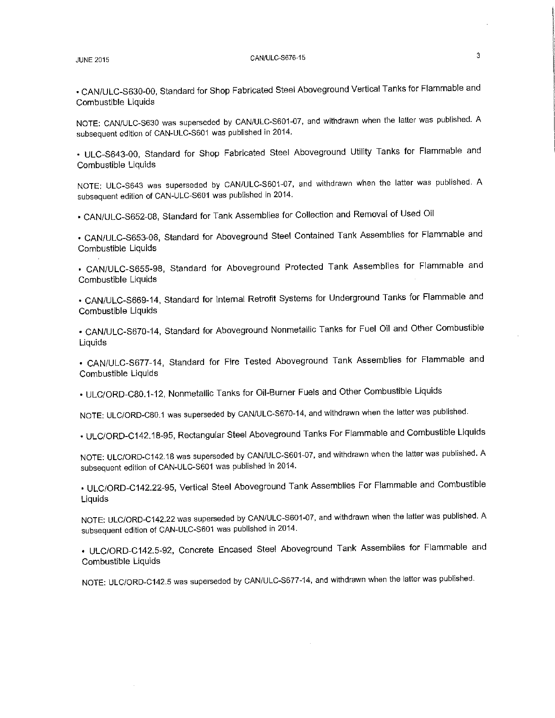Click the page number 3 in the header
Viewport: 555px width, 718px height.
pos(478,56)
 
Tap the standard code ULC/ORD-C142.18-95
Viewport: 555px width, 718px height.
pos(130,436)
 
